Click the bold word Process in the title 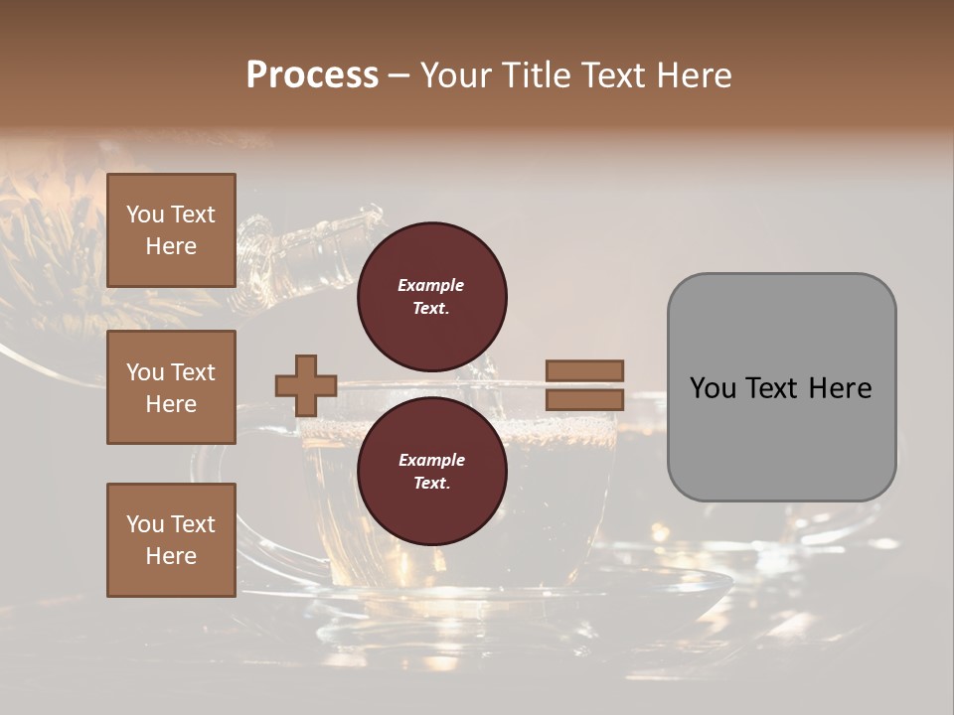(x=312, y=74)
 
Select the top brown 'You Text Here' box (x=171, y=230)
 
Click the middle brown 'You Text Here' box (x=171, y=387)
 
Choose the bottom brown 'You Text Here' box (x=171, y=540)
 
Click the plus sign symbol (x=306, y=385)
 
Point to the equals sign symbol (x=584, y=385)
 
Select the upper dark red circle (x=432, y=296)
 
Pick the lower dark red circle (x=432, y=472)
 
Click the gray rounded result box (x=781, y=387)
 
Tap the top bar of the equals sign (x=584, y=370)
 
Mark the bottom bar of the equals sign (x=584, y=400)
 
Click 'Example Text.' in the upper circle (x=431, y=296)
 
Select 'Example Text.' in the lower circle (x=431, y=472)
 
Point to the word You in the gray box (x=715, y=388)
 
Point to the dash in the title (x=399, y=76)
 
